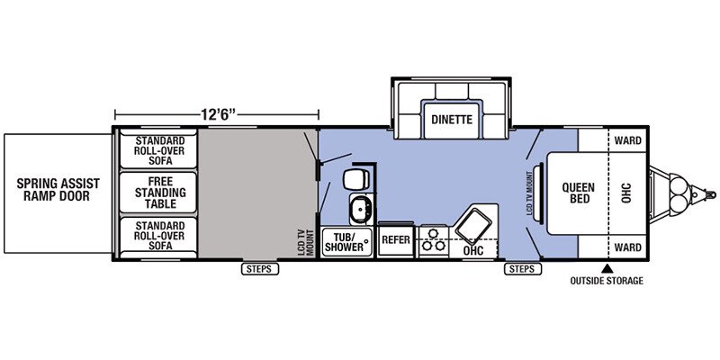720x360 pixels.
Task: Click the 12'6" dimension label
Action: (218, 114)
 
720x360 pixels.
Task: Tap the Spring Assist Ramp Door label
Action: (58, 190)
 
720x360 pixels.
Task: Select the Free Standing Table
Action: (158, 193)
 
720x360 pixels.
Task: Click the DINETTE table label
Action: (452, 120)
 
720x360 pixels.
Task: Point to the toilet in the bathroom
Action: (355, 178)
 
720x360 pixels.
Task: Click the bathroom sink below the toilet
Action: (361, 209)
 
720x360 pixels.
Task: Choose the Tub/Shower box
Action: (347, 241)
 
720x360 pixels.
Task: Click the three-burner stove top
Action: (433, 240)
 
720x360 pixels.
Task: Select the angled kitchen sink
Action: (473, 226)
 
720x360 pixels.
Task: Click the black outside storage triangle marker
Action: (607, 267)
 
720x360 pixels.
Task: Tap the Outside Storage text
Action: (607, 281)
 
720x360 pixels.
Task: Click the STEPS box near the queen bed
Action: (523, 269)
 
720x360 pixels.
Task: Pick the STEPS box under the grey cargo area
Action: (260, 269)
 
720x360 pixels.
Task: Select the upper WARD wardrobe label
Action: (627, 140)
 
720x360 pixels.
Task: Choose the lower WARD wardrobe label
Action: (627, 248)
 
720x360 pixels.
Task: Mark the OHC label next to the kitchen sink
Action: (472, 251)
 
